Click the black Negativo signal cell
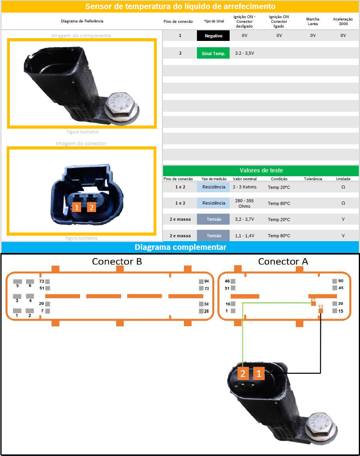[x=213, y=36]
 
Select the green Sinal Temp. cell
[x=213, y=53]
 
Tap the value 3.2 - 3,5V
[x=244, y=53]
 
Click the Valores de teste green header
[x=261, y=170]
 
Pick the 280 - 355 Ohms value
[x=244, y=203]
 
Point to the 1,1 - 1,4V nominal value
[x=244, y=236]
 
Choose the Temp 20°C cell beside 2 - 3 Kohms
[x=279, y=187]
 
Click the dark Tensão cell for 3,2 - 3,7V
[x=213, y=219]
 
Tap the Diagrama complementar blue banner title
[x=180, y=247]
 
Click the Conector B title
[x=117, y=261]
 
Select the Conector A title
[x=283, y=261]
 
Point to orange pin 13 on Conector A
[x=321, y=310]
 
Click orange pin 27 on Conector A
[x=314, y=304]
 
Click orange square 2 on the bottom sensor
[x=243, y=373]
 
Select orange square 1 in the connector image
[x=76, y=207]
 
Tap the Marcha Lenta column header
[x=313, y=21]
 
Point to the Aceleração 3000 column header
[x=343, y=21]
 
